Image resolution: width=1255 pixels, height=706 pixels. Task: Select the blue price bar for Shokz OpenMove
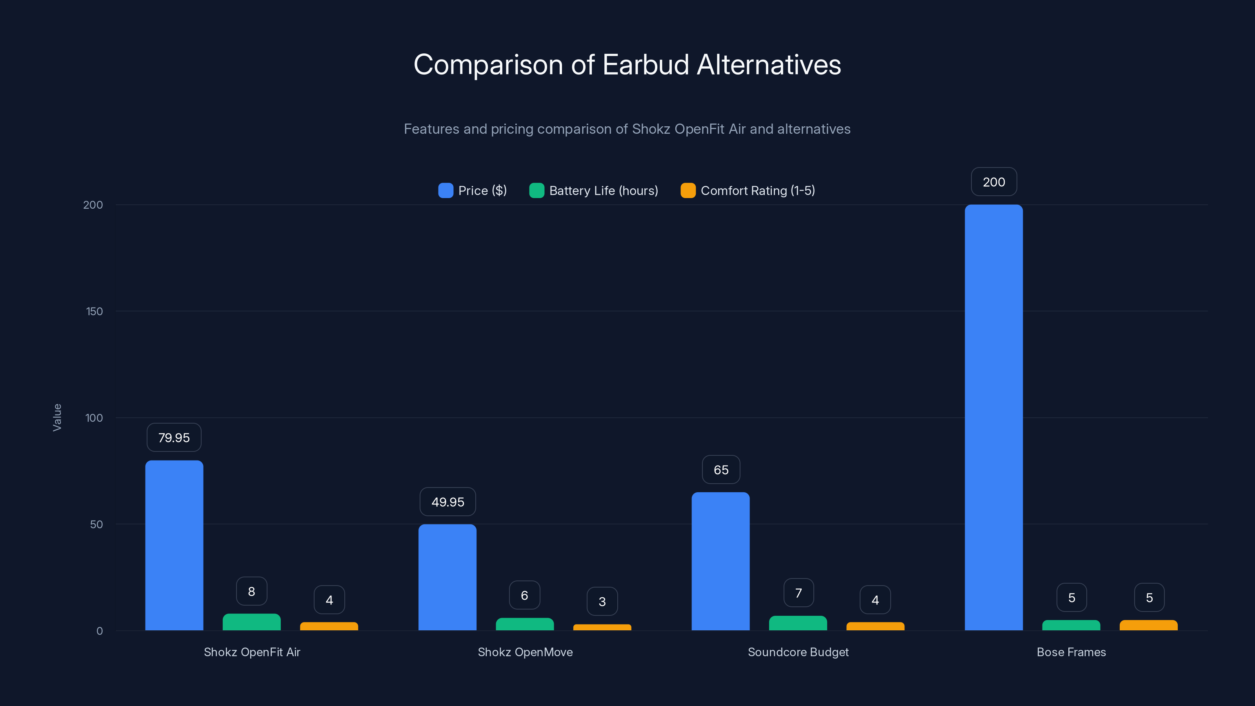coord(447,577)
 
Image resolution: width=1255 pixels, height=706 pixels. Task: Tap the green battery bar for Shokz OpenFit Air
coord(251,622)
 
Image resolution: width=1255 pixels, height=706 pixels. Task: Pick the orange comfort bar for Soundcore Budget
coord(875,626)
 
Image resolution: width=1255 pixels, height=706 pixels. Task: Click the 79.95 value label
coord(174,438)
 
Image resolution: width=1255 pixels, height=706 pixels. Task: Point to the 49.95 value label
coord(448,502)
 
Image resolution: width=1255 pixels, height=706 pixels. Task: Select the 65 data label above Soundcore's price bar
coord(721,470)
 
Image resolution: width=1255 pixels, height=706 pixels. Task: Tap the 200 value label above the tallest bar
coord(994,182)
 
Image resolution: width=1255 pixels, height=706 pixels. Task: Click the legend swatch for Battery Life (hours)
coord(537,191)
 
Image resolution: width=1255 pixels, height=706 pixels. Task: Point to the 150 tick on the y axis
coord(95,311)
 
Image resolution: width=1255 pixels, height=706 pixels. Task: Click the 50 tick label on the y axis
coord(96,524)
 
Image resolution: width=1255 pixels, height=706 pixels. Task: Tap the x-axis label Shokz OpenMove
coord(525,652)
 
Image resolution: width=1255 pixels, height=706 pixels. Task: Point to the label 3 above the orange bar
coord(602,602)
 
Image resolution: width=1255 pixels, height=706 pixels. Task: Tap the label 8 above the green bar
coord(251,591)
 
